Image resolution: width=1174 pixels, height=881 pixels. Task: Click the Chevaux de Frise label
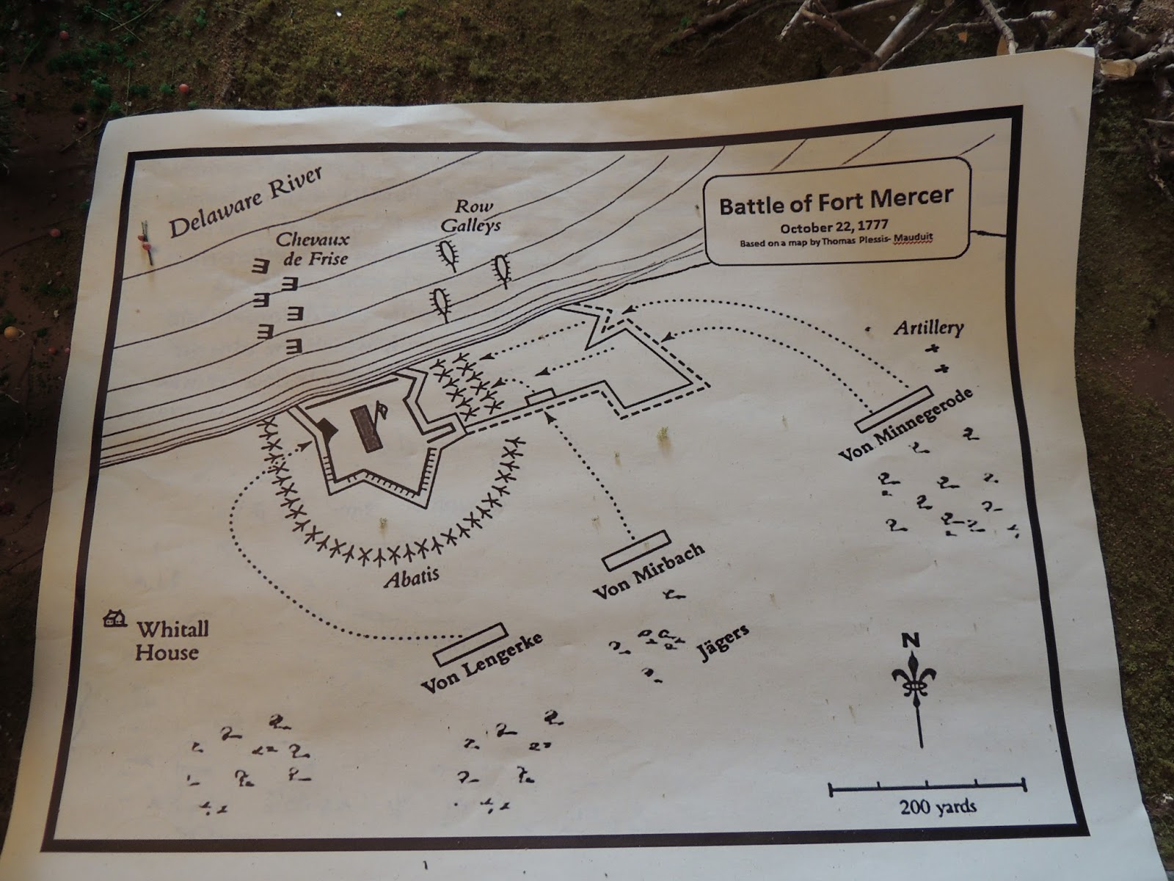(x=313, y=248)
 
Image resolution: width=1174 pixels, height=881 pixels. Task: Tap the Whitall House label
(x=170, y=640)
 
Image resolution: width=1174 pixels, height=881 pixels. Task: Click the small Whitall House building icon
(x=114, y=620)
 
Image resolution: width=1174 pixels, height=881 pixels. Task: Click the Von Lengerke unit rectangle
(x=470, y=643)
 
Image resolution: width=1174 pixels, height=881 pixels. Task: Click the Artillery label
(x=927, y=327)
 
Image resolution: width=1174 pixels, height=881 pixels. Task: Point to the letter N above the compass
(x=911, y=640)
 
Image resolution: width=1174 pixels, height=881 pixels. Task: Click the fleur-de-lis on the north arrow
(x=914, y=684)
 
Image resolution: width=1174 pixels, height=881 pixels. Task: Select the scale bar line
(x=927, y=788)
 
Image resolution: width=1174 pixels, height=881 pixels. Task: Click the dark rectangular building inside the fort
(x=365, y=428)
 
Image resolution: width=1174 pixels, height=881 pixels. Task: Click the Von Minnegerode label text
(x=906, y=426)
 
